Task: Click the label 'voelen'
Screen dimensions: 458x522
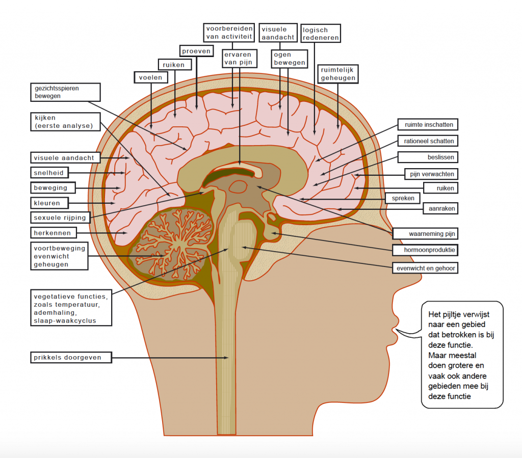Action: pyautogui.click(x=151, y=77)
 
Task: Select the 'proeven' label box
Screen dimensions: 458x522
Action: pyautogui.click(x=196, y=51)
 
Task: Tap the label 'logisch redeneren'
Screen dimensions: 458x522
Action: pyautogui.click(x=321, y=34)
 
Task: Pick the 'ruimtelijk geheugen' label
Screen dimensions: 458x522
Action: pyautogui.click(x=337, y=73)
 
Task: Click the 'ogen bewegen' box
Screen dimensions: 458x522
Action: pyautogui.click(x=290, y=59)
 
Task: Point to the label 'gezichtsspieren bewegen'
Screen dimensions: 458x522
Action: pyautogui.click(x=64, y=92)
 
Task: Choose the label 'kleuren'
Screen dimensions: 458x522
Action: pyautogui.click(x=48, y=203)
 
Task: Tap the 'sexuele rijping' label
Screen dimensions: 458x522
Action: pyautogui.click(x=60, y=218)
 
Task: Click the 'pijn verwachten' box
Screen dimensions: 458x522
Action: pyautogui.click(x=431, y=174)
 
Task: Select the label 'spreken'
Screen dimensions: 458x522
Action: pyautogui.click(x=403, y=198)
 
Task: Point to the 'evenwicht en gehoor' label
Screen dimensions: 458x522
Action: pyautogui.click(x=426, y=267)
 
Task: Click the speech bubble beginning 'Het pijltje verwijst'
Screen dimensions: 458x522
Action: pyautogui.click(x=461, y=354)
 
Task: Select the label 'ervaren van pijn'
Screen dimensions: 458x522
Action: pyautogui.click(x=239, y=58)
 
